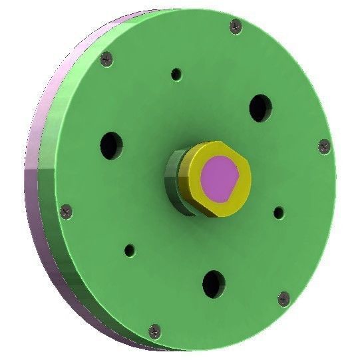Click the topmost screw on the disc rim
point(236,26)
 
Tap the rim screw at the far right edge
point(325,146)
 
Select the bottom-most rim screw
point(155,329)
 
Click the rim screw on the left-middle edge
point(66,212)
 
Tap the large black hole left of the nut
point(111,144)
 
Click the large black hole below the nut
point(214,283)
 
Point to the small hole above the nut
point(176,74)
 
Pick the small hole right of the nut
point(279,213)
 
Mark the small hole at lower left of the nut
point(130,251)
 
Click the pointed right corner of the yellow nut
point(249,174)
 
